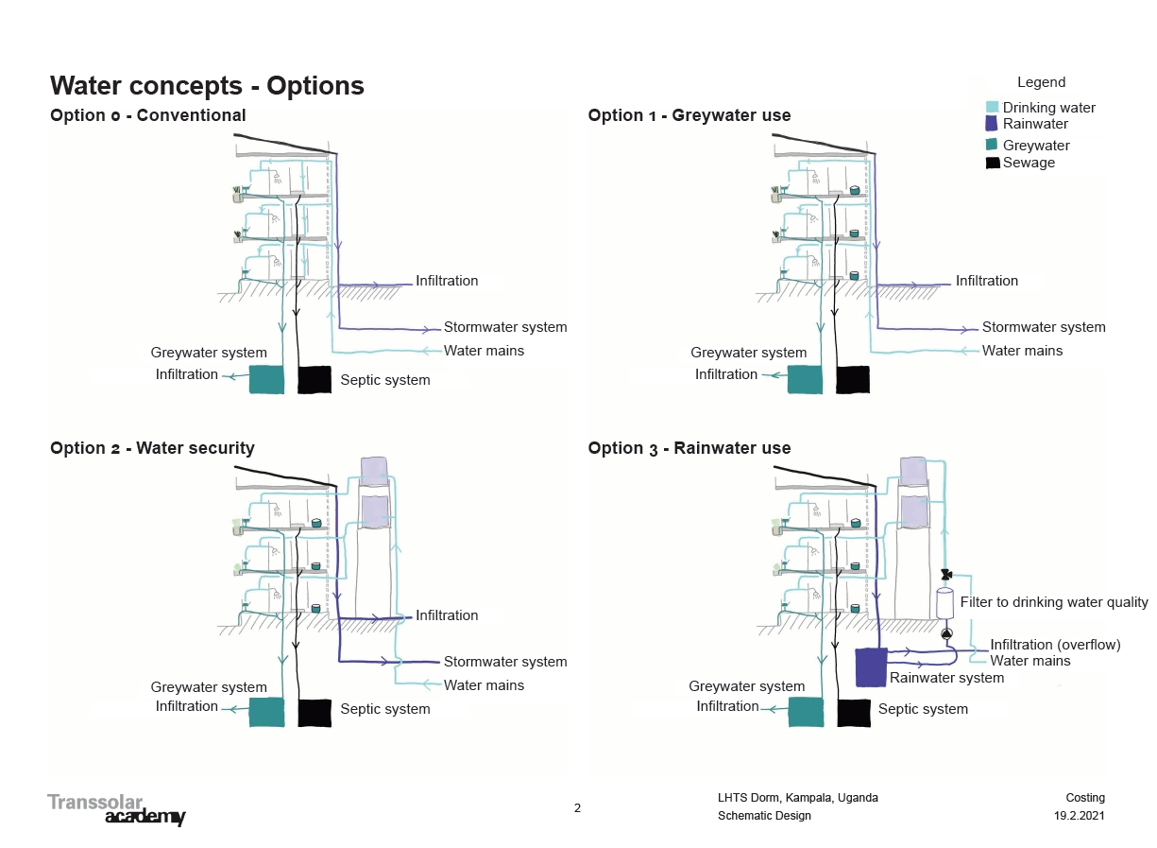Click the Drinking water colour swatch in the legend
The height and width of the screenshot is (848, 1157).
tap(992, 107)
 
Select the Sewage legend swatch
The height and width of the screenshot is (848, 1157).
tap(993, 163)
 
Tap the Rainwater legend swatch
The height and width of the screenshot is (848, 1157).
tap(991, 124)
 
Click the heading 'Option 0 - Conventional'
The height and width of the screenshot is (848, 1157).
tap(147, 115)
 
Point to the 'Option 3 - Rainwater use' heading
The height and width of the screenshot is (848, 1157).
tap(689, 448)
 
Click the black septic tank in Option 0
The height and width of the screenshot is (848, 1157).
tap(315, 379)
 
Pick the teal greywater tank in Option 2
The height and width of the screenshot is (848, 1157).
tap(266, 712)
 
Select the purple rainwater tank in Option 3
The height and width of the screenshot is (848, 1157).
tap(872, 667)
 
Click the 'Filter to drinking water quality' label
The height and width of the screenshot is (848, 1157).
tap(1054, 602)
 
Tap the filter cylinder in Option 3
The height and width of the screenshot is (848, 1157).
tap(944, 603)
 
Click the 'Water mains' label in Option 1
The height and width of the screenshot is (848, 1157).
tap(1022, 351)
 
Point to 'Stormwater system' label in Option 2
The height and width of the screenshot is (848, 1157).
tap(505, 662)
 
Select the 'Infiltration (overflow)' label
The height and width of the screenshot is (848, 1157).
tap(1055, 645)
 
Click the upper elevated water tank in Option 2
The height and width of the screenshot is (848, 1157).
tap(373, 471)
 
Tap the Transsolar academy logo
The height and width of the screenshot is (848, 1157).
tap(117, 809)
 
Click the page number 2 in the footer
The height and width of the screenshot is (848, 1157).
tap(577, 808)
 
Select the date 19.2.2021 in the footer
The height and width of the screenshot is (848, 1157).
tap(1079, 816)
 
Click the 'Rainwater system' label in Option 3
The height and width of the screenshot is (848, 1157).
tap(946, 678)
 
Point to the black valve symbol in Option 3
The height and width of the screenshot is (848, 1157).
tap(946, 575)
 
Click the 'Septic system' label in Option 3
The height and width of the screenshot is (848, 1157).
tap(923, 709)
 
